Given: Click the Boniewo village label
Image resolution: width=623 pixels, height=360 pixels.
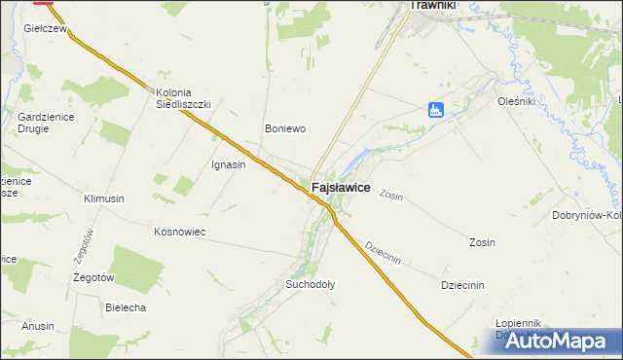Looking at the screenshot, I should [x=286, y=128].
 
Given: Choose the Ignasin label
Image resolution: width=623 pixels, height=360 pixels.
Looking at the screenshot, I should [x=229, y=164].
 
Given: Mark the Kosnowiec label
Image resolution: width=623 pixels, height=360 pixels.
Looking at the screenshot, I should [x=178, y=232].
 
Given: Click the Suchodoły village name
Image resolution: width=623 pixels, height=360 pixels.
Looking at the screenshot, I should [x=310, y=285].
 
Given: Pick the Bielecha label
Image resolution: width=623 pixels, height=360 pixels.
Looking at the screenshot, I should [x=126, y=307].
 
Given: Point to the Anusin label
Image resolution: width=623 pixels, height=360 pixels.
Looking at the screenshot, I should [x=38, y=326].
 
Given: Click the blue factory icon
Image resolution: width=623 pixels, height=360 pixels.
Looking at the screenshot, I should [x=436, y=111].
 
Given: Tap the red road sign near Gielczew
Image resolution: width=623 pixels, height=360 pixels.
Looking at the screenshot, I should [x=43, y=3].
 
